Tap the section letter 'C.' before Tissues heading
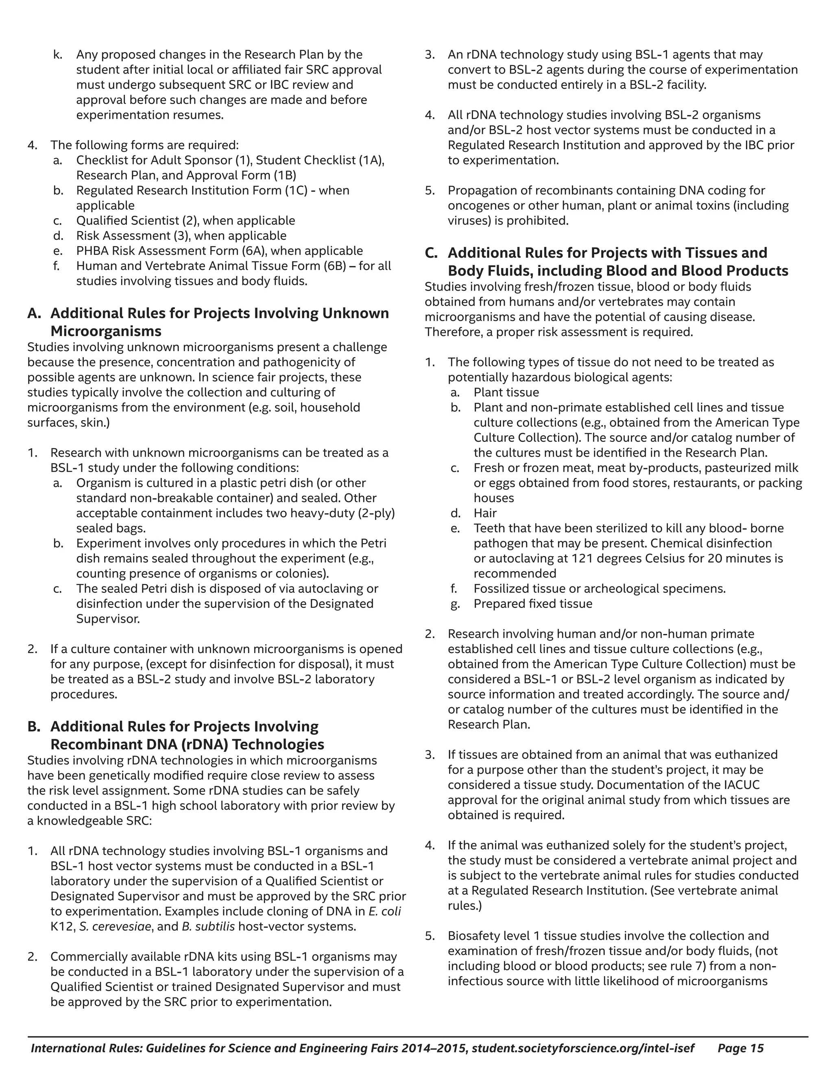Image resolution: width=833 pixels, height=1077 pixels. point(431,253)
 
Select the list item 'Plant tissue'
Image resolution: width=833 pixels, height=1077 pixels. point(506,393)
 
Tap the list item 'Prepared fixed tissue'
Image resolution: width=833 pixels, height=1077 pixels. point(532,604)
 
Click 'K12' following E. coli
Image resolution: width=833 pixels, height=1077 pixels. point(61,927)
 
